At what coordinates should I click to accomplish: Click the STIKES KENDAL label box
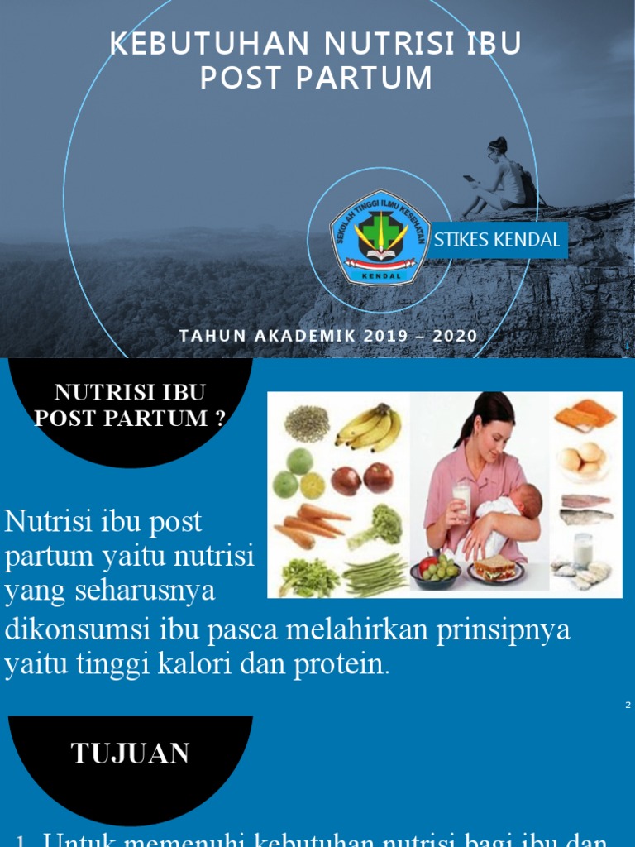click(x=497, y=241)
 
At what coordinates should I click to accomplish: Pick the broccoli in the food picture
click(x=380, y=525)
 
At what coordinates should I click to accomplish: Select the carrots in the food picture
click(x=311, y=524)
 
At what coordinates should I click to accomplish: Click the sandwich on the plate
click(x=494, y=567)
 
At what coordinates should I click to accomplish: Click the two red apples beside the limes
click(x=362, y=479)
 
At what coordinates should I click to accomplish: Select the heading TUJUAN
click(x=130, y=754)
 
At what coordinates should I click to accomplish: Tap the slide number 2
click(x=628, y=705)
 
